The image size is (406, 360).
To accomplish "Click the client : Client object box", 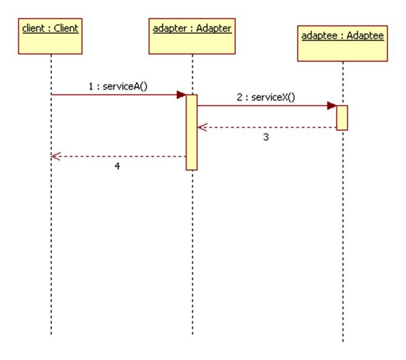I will [x=51, y=36].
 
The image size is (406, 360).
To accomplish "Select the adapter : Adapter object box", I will [x=192, y=36].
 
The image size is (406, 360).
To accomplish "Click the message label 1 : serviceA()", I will [x=118, y=86].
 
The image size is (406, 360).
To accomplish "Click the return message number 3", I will [x=266, y=137].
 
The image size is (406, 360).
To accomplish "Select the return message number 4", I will [x=117, y=166].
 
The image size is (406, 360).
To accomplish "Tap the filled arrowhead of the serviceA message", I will [x=181, y=95].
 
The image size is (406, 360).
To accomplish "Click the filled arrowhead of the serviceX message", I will [x=332, y=106].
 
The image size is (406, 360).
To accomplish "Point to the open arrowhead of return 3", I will [x=202, y=127].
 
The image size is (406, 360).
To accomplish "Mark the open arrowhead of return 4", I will [x=56, y=156].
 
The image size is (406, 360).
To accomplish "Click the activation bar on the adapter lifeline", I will [x=192, y=132].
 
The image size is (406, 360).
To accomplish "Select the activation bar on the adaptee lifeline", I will [x=342, y=117].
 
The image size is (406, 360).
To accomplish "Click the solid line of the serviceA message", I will [x=115, y=95].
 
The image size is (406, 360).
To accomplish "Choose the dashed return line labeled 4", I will [x=121, y=156].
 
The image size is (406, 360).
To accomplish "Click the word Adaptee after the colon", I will [x=366, y=36].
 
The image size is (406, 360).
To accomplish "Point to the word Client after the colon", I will [x=66, y=28].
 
